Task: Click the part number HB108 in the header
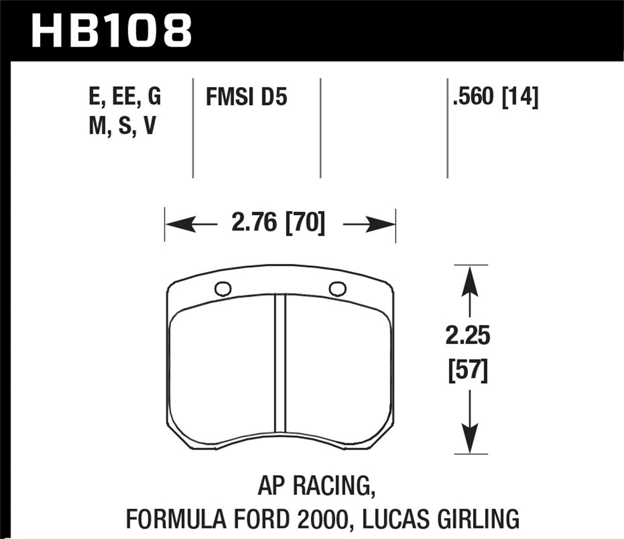[x=111, y=31]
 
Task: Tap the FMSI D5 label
[x=246, y=98]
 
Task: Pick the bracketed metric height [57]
[x=468, y=369]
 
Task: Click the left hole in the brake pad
[x=223, y=289]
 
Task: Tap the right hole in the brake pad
[x=337, y=288]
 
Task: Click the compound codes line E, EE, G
[x=125, y=97]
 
